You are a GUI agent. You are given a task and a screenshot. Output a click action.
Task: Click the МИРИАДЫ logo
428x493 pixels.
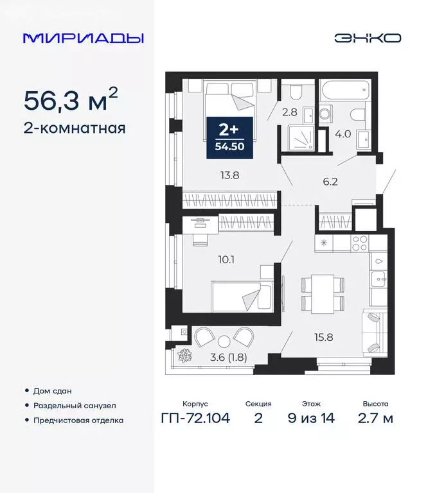point(83,38)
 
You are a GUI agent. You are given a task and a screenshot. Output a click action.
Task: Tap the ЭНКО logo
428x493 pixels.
point(367,38)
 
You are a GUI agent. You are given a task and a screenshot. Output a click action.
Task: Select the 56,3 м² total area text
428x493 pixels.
point(71,99)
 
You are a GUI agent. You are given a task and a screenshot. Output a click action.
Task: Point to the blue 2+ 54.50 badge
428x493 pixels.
point(229,137)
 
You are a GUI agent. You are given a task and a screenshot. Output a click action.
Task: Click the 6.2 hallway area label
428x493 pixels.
point(330,182)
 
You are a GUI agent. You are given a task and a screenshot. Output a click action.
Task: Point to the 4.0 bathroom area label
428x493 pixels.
point(343,134)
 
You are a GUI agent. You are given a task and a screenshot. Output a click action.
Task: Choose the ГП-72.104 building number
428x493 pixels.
point(195,419)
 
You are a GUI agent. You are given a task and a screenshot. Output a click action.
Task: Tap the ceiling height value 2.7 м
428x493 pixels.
point(375,419)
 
